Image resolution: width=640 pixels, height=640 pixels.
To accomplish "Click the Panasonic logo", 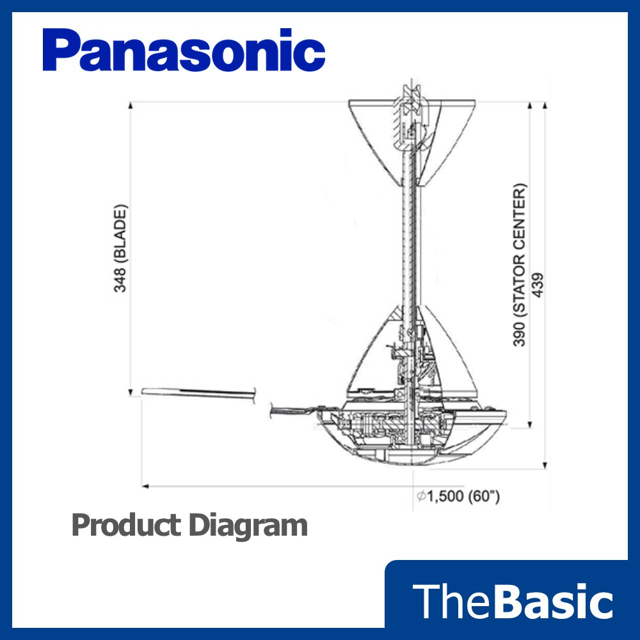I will (184, 51).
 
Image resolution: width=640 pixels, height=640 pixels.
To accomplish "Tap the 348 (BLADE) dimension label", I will (121, 248).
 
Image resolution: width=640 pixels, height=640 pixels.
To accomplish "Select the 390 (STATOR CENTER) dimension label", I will (520, 265).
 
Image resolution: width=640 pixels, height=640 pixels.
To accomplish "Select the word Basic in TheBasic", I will (554, 602).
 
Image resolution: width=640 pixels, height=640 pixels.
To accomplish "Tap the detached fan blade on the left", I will (198, 392).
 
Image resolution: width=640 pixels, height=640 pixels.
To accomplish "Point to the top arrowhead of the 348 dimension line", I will (130, 104).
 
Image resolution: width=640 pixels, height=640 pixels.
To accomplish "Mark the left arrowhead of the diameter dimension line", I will (145, 486).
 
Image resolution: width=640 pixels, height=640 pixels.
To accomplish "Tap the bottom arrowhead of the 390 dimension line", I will (530, 426).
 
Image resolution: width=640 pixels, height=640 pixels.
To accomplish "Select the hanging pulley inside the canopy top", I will (410, 102).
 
